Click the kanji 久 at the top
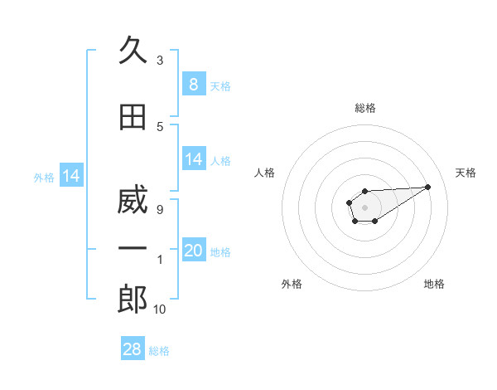pos(133,51)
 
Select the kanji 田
pos(133,119)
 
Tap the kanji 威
pos(133,202)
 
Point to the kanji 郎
pos(133,300)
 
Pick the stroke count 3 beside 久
pos(160,61)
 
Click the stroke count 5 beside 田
pos(160,127)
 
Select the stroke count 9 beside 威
pos(160,210)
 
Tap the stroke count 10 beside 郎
pos(160,310)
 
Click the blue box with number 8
pos(193,84)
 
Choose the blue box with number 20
pos(194,251)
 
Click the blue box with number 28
pos(132,349)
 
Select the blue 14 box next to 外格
pos(70,176)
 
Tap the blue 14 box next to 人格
pos(194,159)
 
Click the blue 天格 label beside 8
pos(220,85)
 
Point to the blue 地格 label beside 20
pos(220,252)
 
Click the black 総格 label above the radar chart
pos(365,108)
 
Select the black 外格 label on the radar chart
pos(292,284)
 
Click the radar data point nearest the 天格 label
pos(428,186)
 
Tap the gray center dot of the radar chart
pos(364,206)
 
